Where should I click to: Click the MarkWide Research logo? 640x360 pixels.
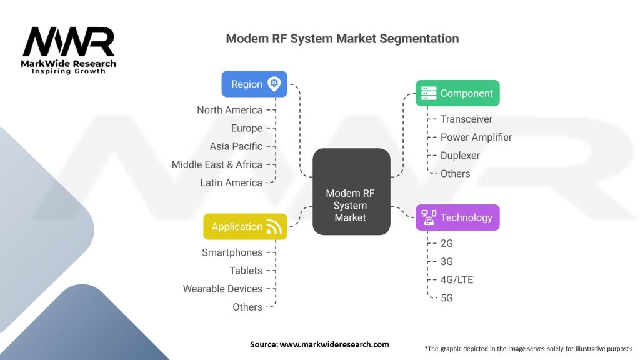pyautogui.click(x=69, y=50)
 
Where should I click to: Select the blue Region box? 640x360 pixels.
pyautogui.click(x=254, y=84)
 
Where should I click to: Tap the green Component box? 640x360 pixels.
pyautogui.click(x=457, y=93)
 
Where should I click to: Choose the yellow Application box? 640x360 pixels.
pyautogui.click(x=245, y=227)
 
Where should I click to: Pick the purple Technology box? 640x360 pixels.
pyautogui.click(x=457, y=217)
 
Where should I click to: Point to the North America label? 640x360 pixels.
pyautogui.click(x=229, y=110)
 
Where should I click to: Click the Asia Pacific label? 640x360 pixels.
pyautogui.click(x=236, y=146)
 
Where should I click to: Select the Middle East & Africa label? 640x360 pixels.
pyautogui.click(x=217, y=164)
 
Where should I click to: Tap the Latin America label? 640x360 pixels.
pyautogui.click(x=231, y=182)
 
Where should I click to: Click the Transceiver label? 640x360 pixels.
pyautogui.click(x=466, y=119)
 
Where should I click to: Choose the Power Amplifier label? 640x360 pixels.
pyautogui.click(x=476, y=137)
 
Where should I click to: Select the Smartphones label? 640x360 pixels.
pyautogui.click(x=232, y=252)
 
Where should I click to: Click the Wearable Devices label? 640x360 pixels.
pyautogui.click(x=222, y=289)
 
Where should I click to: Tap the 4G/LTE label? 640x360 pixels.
pyautogui.click(x=456, y=279)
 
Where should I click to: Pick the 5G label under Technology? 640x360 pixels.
pyautogui.click(x=446, y=297)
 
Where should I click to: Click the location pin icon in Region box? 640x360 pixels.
pyautogui.click(x=274, y=84)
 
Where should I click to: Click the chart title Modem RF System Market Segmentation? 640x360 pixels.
pyautogui.click(x=342, y=39)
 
